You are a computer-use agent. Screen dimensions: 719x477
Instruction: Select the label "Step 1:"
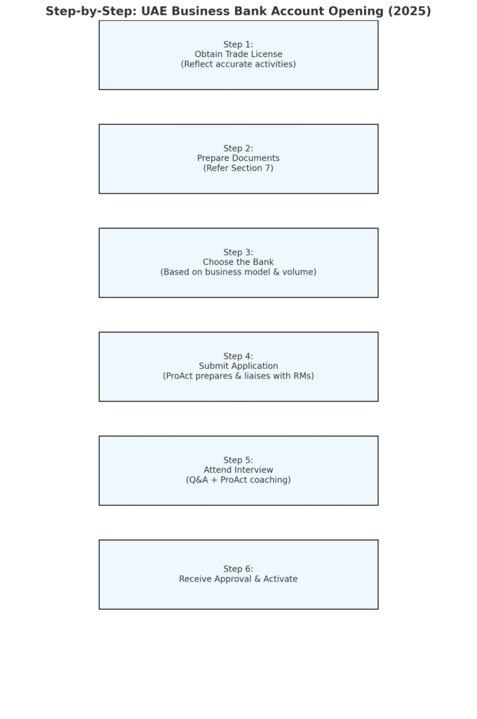(x=238, y=45)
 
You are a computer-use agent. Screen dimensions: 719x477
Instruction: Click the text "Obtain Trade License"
(x=238, y=55)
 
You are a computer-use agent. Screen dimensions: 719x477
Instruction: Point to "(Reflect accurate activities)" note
(x=238, y=65)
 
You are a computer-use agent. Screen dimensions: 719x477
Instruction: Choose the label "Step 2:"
(x=238, y=149)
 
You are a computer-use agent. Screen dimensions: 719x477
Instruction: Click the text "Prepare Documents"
(x=238, y=159)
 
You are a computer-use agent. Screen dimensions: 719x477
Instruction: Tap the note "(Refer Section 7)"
(x=238, y=169)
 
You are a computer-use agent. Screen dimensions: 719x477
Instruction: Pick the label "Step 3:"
(x=238, y=253)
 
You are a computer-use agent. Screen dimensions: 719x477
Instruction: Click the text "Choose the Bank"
(x=238, y=263)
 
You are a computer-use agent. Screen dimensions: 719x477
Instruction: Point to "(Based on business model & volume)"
(x=238, y=272)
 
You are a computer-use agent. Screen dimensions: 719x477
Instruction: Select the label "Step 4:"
(x=238, y=357)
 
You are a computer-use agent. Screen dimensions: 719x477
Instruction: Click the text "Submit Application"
(x=238, y=367)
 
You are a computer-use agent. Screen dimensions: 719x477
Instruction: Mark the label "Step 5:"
(x=238, y=461)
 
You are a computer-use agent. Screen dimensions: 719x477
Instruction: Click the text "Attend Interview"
(x=238, y=470)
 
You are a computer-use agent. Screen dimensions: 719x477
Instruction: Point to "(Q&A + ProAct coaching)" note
(x=238, y=480)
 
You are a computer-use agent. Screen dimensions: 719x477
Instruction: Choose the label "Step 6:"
(x=238, y=569)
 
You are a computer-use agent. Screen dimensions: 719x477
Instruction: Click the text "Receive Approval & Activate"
(x=238, y=579)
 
